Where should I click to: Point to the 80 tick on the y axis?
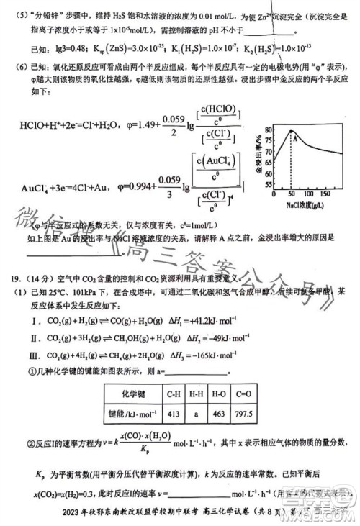[x=269, y=130]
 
